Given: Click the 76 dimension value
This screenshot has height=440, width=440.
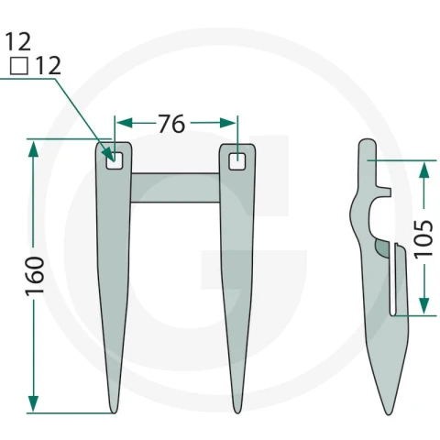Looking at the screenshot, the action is pyautogui.click(x=171, y=124).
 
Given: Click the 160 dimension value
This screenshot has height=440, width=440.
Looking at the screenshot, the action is pyautogui.click(x=35, y=277).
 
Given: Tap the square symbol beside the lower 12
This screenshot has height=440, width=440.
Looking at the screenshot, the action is pyautogui.click(x=19, y=66).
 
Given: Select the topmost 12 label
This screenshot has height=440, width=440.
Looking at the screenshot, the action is pyautogui.click(x=18, y=41).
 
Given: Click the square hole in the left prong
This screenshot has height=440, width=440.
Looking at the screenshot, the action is pyautogui.click(x=115, y=160).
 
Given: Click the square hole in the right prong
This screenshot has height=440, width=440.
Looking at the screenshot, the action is pyautogui.click(x=237, y=161).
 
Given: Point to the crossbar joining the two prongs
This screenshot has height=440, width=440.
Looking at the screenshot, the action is pyautogui.click(x=175, y=188).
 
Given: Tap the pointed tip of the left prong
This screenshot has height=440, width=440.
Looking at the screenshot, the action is pyautogui.click(x=114, y=412).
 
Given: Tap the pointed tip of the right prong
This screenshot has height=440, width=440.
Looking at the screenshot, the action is pyautogui.click(x=237, y=412).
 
